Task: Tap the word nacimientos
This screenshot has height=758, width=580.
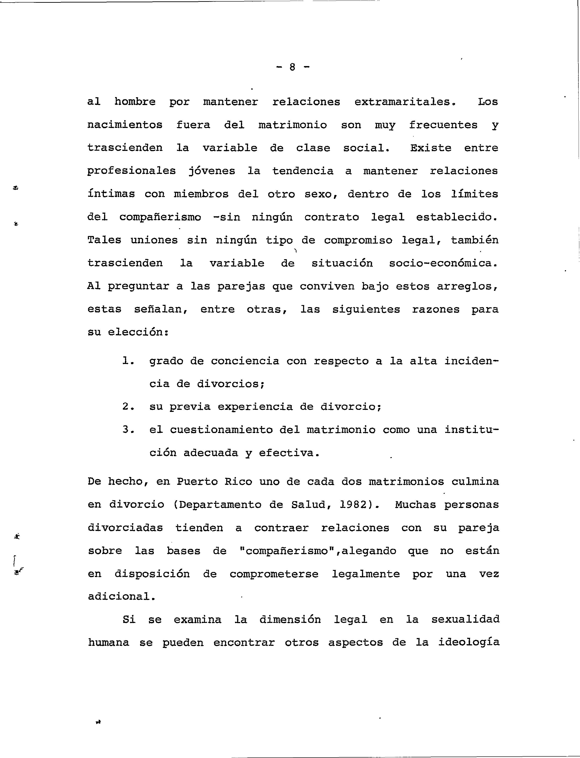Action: click(125, 125)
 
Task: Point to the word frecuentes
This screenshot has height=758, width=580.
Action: click(443, 125)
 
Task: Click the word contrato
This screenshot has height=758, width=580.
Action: click(331, 217)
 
